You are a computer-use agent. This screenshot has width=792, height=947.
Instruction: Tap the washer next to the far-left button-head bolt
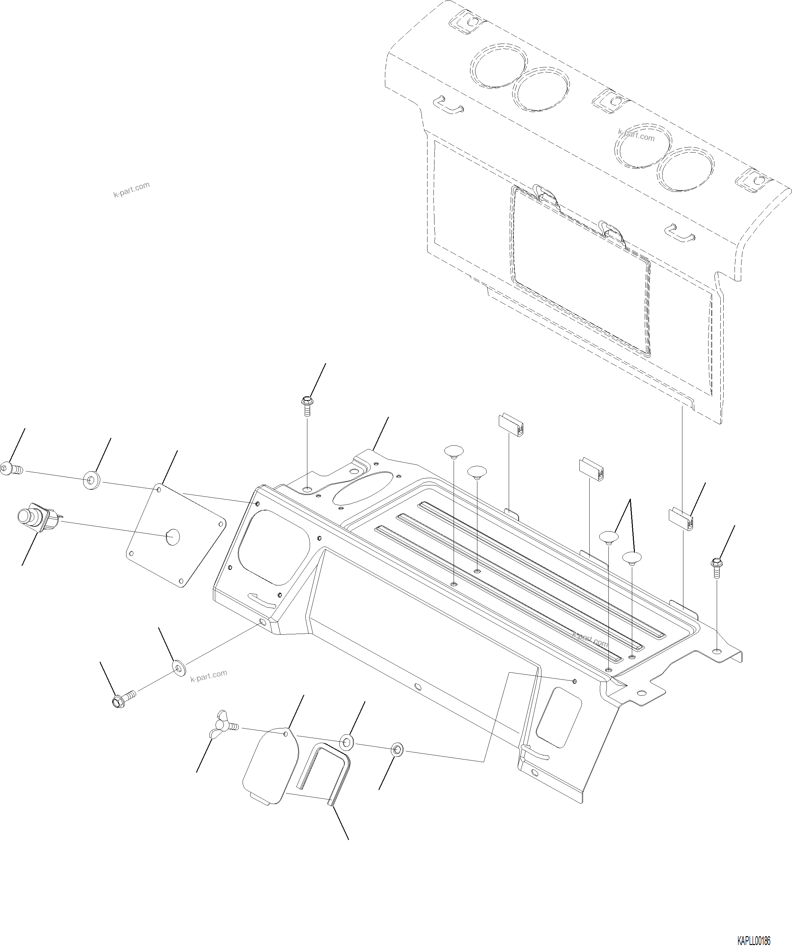(92, 480)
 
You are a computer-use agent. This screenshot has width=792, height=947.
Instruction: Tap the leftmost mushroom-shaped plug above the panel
(454, 451)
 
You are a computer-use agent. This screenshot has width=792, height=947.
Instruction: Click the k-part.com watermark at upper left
(131, 190)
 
